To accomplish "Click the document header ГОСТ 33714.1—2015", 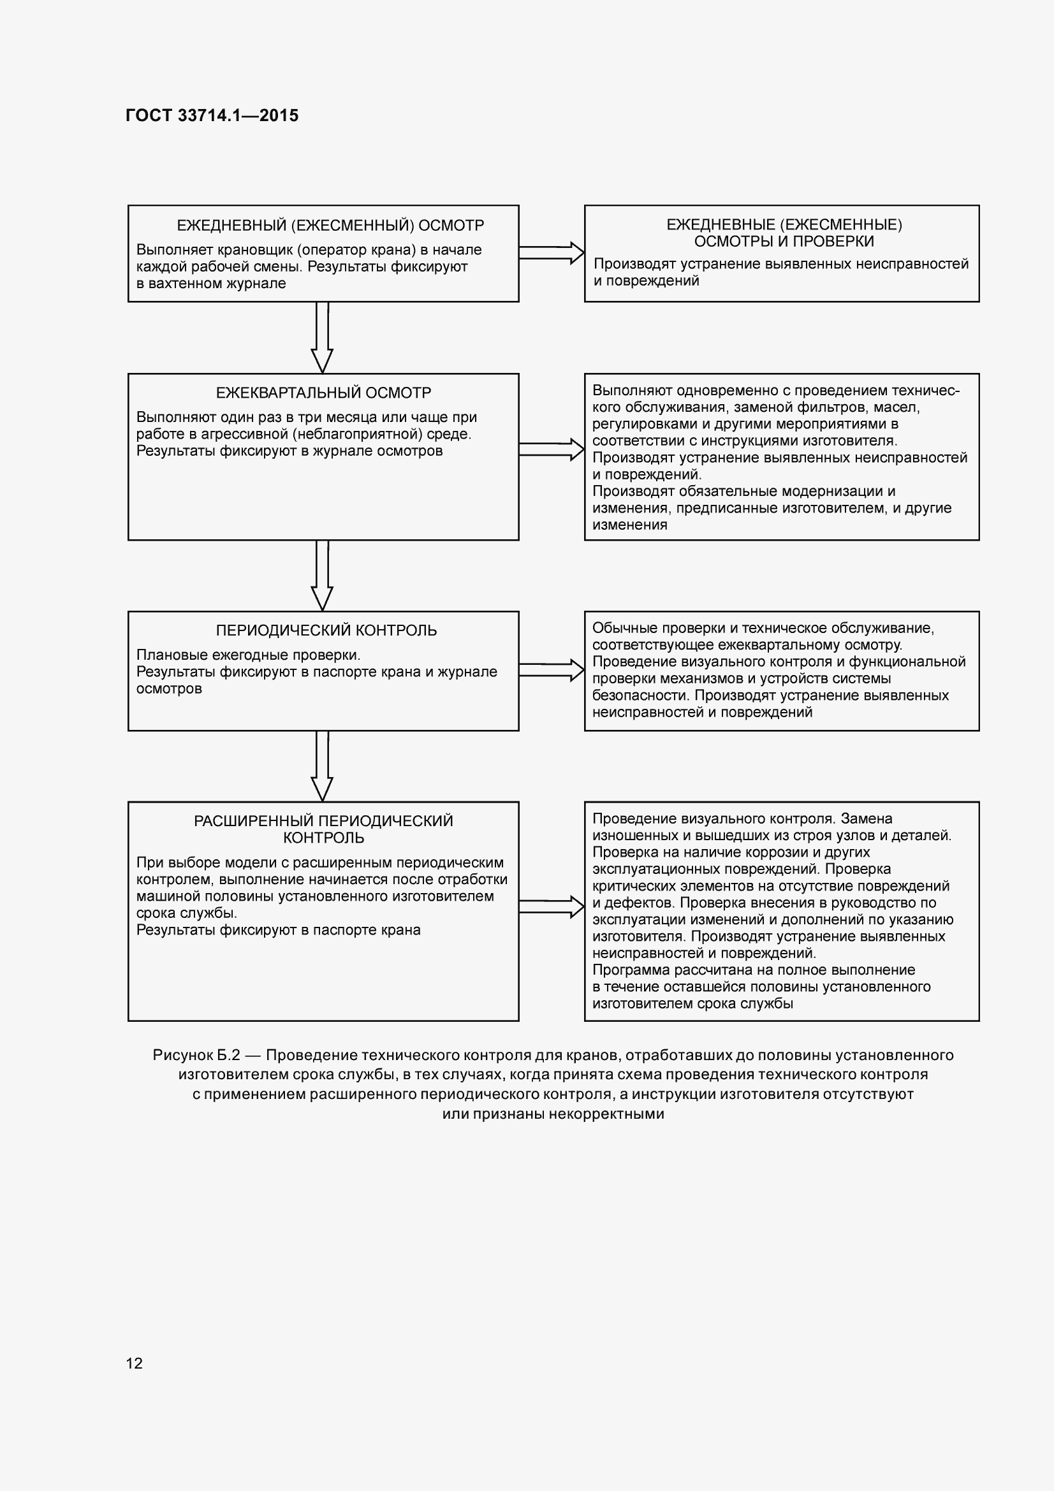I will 212,115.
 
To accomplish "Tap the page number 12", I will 135,1362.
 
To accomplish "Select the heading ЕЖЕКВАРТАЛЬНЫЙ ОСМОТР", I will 323,393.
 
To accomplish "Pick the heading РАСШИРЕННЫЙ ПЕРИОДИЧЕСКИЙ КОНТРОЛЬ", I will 323,829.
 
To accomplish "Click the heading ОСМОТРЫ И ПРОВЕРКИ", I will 784,242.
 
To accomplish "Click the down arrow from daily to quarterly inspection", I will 322,337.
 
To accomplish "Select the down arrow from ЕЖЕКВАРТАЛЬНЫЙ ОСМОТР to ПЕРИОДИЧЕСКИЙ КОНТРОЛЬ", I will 322,576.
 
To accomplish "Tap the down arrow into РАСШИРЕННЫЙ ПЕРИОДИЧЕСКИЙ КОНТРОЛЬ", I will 322,766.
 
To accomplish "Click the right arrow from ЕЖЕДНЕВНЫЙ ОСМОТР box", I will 552,253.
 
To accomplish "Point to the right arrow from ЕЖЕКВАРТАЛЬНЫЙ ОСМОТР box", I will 552,449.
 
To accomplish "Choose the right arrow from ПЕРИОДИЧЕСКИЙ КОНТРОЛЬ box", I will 552,670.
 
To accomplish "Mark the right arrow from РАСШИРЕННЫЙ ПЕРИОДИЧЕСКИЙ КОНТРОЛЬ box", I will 552,906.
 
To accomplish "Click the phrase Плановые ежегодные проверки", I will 248,655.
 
